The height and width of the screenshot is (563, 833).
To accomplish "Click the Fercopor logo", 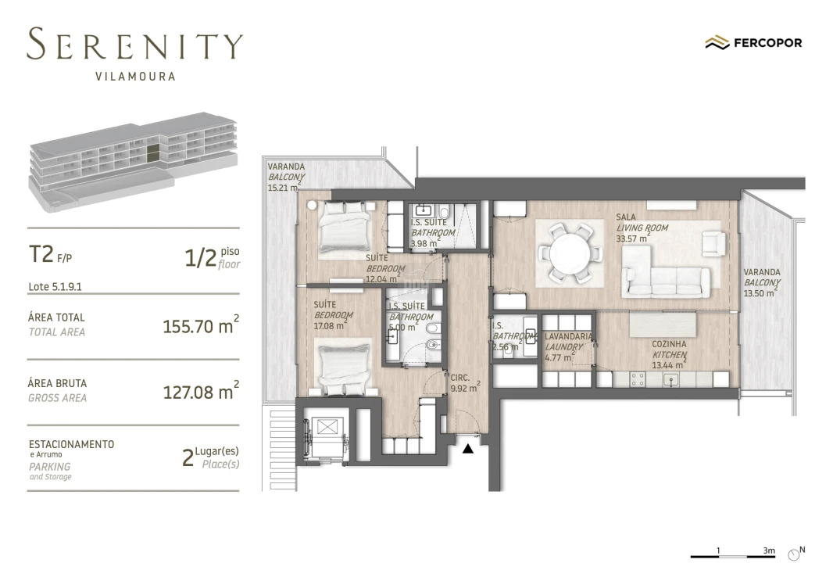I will pos(753,43).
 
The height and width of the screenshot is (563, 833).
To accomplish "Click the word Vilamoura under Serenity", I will pos(134,77).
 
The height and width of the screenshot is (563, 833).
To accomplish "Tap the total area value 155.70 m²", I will pos(200,326).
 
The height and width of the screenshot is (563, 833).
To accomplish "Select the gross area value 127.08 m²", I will pos(200,391).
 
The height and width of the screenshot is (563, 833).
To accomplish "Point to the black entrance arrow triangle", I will pos(468,449).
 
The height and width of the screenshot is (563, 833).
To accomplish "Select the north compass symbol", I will pos(796,552).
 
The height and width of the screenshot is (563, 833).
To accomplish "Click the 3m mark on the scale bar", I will pos(770,550).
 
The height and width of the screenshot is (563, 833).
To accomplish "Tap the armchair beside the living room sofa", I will pos(712,243).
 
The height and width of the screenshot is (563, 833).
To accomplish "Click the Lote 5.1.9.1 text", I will pos(55,286).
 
